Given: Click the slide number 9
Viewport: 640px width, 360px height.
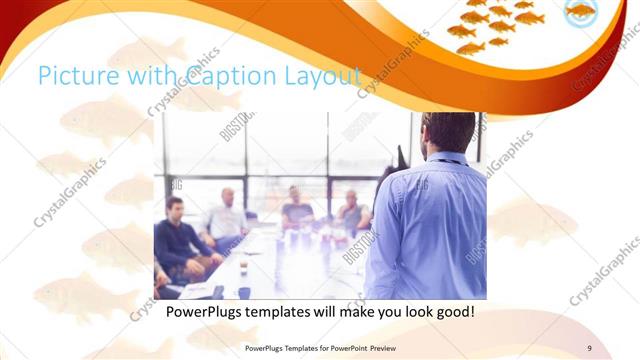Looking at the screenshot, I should [589, 348].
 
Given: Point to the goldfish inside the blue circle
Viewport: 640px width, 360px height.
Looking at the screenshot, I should [581, 13].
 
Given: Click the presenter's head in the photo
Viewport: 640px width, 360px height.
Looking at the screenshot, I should [447, 133].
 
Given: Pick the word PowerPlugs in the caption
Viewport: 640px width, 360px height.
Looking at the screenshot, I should [202, 312].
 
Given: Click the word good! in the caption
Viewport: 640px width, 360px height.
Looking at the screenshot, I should [453, 312].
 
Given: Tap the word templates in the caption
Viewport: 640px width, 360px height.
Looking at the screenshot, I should [277, 312].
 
